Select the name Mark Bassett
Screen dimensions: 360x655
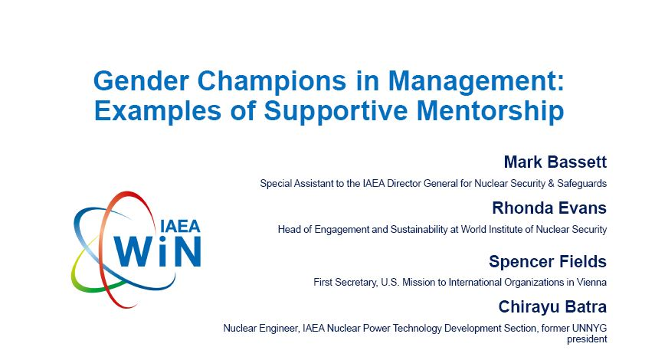coord(555,162)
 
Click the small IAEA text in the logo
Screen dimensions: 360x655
coord(180,227)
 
